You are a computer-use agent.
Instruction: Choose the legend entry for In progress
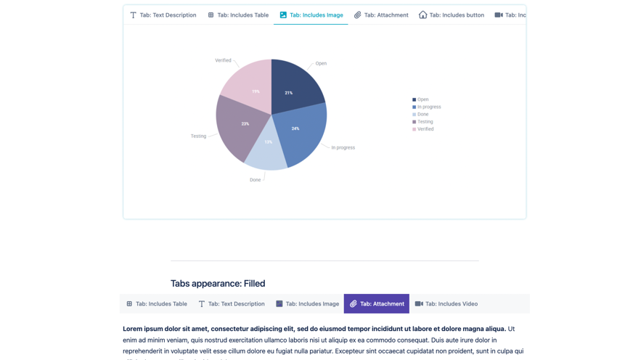tap(427, 107)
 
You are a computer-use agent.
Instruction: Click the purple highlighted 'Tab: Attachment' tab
tap(377, 304)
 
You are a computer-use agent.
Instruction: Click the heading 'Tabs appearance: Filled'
tap(218, 284)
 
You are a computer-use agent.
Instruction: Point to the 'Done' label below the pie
tap(255, 180)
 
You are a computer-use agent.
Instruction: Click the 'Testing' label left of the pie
tap(198, 136)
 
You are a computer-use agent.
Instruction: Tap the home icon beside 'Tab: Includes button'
tap(422, 15)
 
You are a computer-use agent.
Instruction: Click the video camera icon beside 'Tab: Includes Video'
tap(419, 304)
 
